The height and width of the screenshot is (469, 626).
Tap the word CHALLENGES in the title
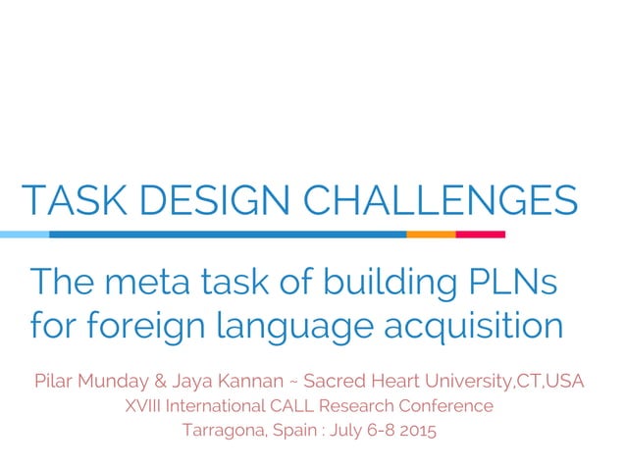[x=442, y=200]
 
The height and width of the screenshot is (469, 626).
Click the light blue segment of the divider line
[x=24, y=234]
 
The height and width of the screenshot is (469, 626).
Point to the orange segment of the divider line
[x=431, y=234]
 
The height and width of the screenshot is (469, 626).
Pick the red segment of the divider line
[x=481, y=234]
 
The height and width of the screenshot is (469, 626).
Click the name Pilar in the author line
[x=55, y=380]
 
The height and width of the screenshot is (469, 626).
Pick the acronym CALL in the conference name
[x=300, y=404]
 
